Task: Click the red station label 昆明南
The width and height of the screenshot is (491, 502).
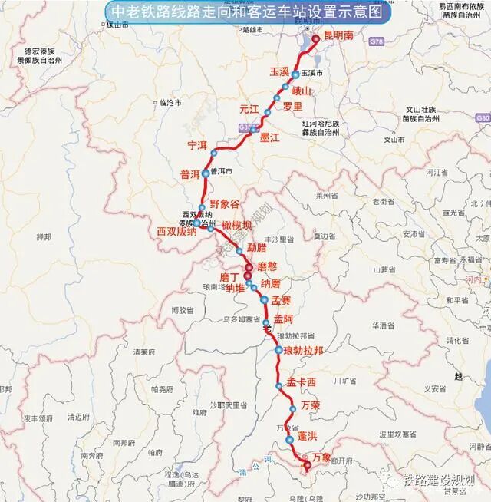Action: click(x=338, y=35)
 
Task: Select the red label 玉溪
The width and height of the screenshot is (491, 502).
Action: click(x=279, y=71)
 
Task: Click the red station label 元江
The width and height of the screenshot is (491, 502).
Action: click(x=250, y=109)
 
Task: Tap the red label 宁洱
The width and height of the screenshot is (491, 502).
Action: click(x=197, y=145)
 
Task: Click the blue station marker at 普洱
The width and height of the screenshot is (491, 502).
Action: click(x=206, y=173)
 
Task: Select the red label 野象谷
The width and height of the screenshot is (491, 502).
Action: click(x=225, y=204)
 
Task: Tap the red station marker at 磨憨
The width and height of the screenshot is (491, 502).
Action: click(x=249, y=268)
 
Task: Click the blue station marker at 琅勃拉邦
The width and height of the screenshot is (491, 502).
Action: click(x=278, y=350)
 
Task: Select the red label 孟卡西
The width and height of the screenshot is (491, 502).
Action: click(x=302, y=382)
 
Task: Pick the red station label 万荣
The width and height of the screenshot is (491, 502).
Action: click(x=311, y=405)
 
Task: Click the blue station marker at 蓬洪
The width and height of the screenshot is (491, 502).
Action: click(x=289, y=440)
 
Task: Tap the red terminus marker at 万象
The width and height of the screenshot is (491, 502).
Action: click(x=307, y=465)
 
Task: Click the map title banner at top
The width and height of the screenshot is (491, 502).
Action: click(x=246, y=13)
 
